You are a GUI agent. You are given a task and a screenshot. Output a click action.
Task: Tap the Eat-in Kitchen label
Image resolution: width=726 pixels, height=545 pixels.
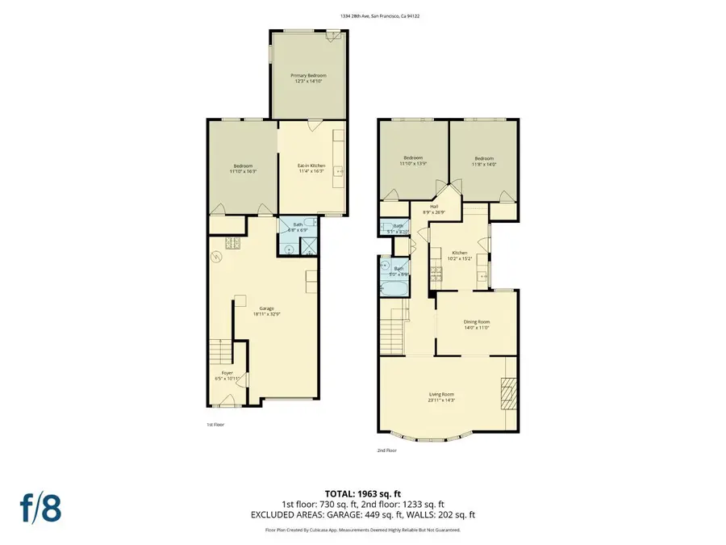coord(312,165)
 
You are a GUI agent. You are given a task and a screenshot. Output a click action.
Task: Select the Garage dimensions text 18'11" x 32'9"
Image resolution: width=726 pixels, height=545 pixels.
coord(266,313)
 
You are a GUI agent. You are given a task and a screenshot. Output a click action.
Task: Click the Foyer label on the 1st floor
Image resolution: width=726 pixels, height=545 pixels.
coord(227,372)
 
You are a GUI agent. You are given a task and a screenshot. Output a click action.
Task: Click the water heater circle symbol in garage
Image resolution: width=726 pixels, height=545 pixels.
coord(216,258)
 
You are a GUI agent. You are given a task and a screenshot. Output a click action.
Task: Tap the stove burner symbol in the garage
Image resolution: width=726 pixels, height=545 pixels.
coord(233,244)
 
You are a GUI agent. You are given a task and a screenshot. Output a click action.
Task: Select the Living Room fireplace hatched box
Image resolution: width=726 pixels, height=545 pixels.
coord(507,395)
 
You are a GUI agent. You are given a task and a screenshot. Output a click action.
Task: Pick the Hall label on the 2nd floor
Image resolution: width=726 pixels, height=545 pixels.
coord(434,207)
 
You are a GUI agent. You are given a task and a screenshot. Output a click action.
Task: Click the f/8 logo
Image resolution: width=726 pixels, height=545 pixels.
coord(42,509)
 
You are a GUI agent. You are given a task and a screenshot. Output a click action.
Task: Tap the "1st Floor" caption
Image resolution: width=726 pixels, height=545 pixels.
coord(215,424)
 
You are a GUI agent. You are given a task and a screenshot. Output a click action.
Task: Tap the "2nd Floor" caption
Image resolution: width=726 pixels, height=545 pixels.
coord(387,450)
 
